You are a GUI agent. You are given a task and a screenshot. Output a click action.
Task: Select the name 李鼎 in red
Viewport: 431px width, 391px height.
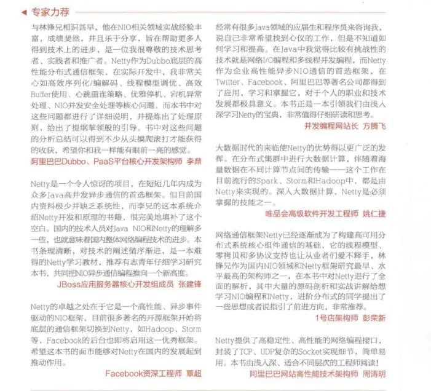[194, 161]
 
